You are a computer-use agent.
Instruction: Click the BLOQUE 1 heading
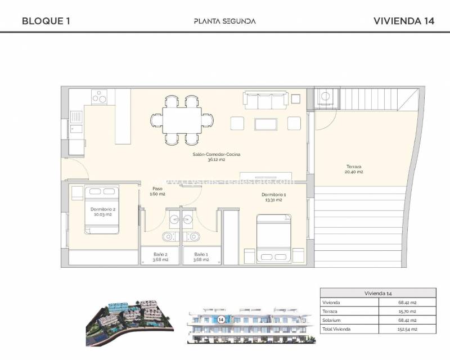click(46, 21)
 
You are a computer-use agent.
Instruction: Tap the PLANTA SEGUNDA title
click(224, 21)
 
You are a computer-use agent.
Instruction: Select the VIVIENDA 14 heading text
click(404, 21)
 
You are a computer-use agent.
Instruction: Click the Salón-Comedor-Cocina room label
click(208, 156)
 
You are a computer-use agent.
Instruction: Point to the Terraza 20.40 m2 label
click(354, 169)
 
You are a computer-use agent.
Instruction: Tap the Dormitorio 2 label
click(103, 212)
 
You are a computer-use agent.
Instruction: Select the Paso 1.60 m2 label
click(157, 191)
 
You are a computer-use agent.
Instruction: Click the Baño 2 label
click(159, 256)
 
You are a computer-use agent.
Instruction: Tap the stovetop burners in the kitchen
click(100, 97)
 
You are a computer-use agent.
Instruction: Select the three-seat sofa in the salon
click(265, 100)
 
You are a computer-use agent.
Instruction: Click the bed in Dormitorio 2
click(102, 209)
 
